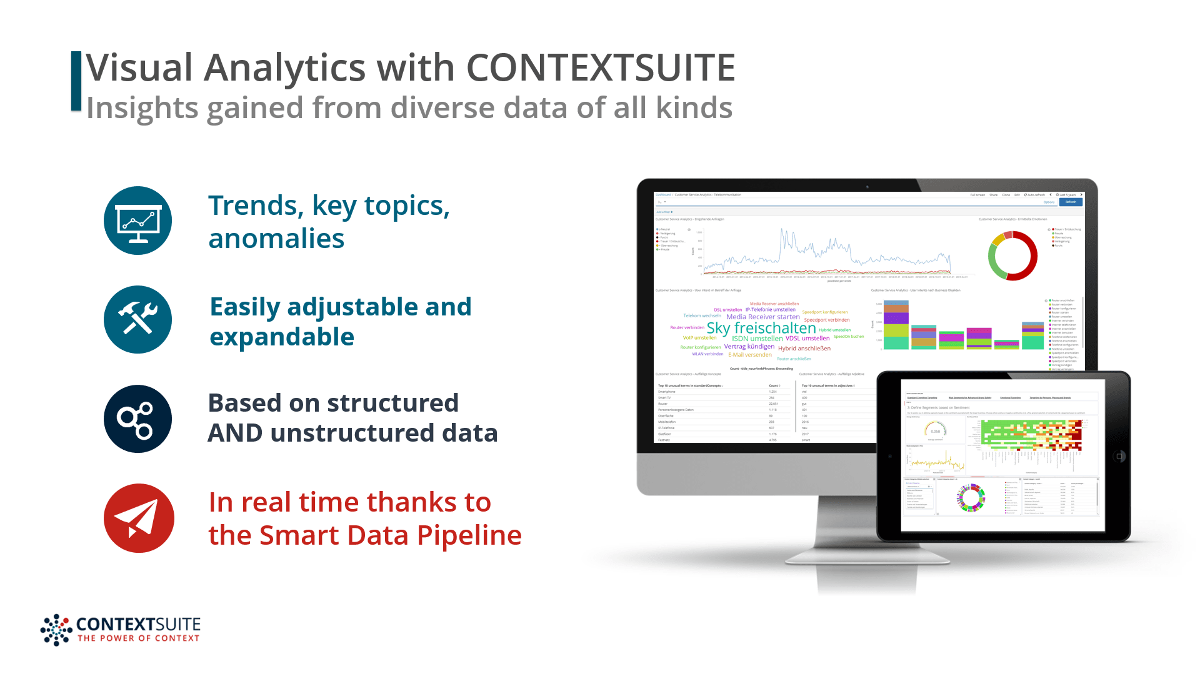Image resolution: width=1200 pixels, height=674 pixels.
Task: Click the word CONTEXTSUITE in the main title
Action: click(600, 67)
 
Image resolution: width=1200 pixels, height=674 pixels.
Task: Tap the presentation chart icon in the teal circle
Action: click(137, 221)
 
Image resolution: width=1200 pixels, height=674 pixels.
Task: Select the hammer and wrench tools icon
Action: click(137, 319)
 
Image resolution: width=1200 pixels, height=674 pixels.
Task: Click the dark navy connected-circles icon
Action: click(137, 419)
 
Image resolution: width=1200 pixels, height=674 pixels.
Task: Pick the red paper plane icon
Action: click(138, 518)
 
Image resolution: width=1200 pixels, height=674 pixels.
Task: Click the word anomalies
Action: click(276, 239)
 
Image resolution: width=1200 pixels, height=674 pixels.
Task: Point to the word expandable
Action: click(282, 337)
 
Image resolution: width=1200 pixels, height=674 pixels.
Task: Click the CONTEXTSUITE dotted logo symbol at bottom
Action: click(56, 629)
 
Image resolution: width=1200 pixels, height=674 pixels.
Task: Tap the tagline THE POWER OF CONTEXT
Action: click(138, 638)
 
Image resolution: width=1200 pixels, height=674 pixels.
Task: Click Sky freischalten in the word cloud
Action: click(761, 328)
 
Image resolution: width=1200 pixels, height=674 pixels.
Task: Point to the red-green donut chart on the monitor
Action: click(1012, 255)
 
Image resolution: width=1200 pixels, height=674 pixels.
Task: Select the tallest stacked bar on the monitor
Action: click(896, 325)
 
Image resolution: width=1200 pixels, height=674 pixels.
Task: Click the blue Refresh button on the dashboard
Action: click(1071, 202)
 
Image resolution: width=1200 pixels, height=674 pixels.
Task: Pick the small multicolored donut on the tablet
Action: click(971, 498)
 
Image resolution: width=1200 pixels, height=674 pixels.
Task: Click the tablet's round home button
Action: click(1119, 457)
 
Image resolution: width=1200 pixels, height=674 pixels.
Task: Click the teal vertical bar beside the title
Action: click(76, 81)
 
